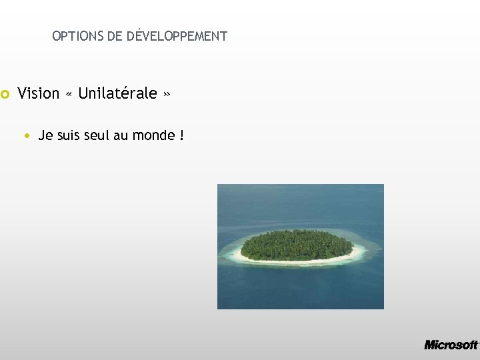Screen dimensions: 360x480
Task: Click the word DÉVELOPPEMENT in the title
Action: point(177,36)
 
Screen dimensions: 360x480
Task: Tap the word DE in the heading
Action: point(115,37)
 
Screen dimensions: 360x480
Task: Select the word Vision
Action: point(39,93)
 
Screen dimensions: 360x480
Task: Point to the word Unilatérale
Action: point(117,93)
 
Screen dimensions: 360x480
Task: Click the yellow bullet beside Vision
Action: point(5,94)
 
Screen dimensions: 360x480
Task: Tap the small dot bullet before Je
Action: point(26,136)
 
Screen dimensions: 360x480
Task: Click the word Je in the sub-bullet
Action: point(45,136)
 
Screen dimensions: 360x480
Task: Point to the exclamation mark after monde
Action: point(181,136)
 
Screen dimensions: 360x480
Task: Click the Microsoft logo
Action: point(451,345)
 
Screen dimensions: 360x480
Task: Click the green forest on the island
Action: point(297,244)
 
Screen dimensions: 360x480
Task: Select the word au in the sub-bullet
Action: point(121,136)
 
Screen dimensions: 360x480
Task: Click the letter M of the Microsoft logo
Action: point(431,345)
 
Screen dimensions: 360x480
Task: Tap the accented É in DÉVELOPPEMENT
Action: point(133,36)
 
